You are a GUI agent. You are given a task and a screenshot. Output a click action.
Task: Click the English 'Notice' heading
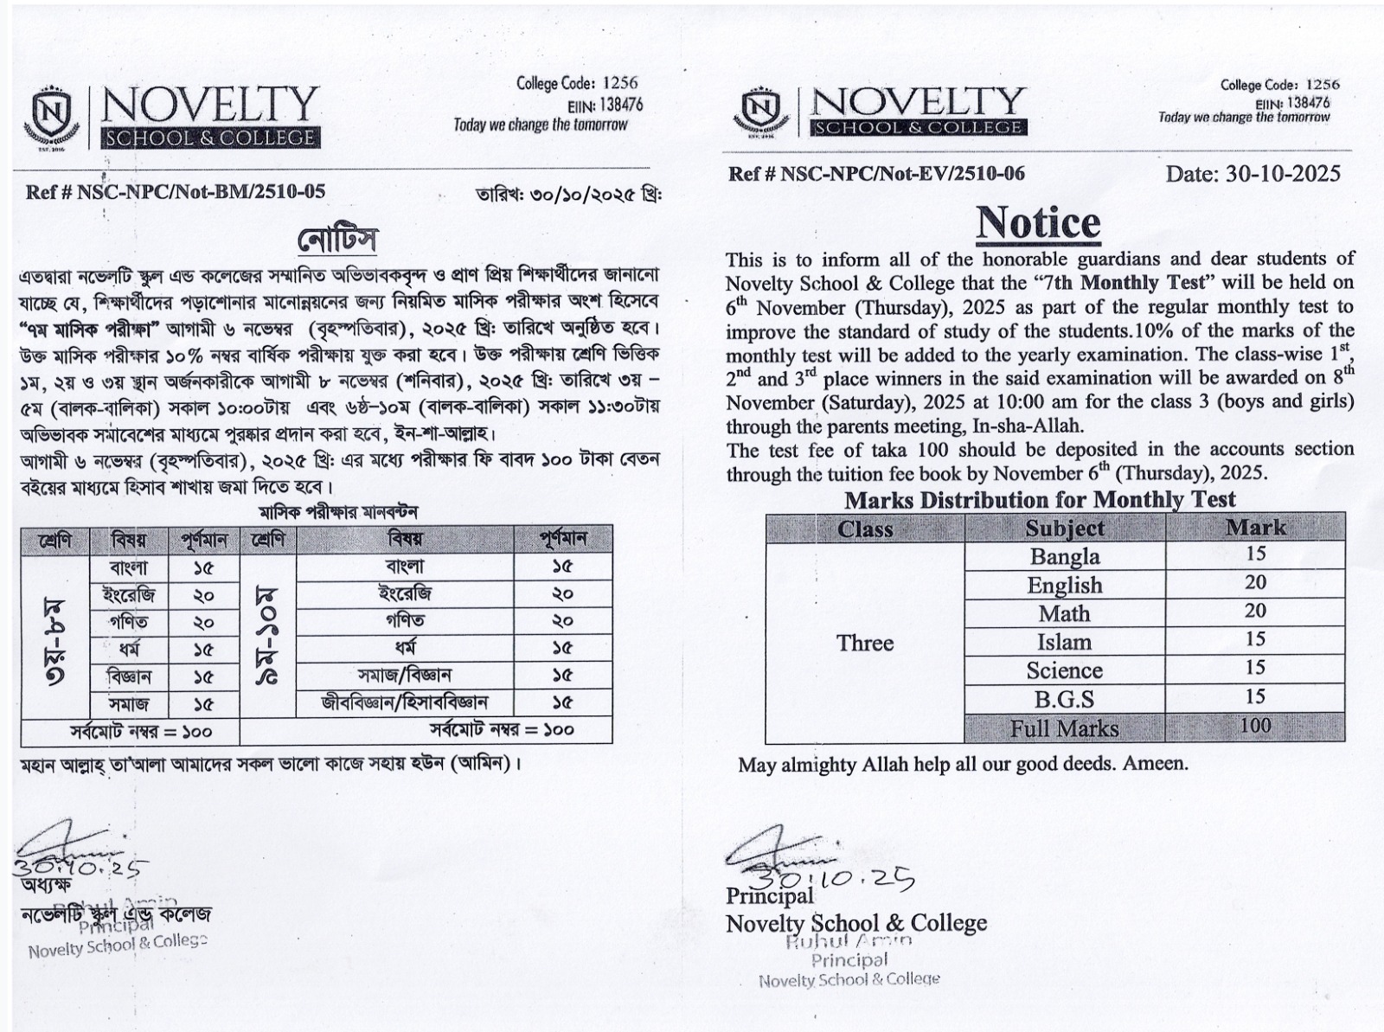1038,223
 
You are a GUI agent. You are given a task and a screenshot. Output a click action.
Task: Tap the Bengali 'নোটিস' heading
336,240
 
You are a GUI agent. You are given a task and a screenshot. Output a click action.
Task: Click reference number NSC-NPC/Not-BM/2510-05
176,192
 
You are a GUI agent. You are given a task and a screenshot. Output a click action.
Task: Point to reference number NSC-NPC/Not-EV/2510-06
876,174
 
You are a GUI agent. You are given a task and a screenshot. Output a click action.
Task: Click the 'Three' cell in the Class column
865,643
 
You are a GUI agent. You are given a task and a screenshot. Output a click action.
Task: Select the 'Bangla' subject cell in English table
1064,556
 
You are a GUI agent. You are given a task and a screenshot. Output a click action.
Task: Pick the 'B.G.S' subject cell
1064,699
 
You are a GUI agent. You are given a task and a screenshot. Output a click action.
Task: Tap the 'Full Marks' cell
1064,728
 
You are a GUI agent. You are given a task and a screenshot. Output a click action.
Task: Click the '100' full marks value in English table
1255,726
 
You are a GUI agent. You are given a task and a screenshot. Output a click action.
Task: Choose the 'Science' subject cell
1064,670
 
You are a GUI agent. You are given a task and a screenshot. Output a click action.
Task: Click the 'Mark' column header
1255,528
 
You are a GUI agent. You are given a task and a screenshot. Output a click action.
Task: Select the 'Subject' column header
1064,529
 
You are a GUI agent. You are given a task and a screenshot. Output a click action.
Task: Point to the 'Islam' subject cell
1064,642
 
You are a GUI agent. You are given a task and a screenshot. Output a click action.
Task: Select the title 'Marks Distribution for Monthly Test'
1040,500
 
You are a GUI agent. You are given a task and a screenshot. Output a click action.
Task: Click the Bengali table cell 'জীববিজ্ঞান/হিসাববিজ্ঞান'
405,702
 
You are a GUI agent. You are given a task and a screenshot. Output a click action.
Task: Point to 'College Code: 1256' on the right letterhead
1279,85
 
